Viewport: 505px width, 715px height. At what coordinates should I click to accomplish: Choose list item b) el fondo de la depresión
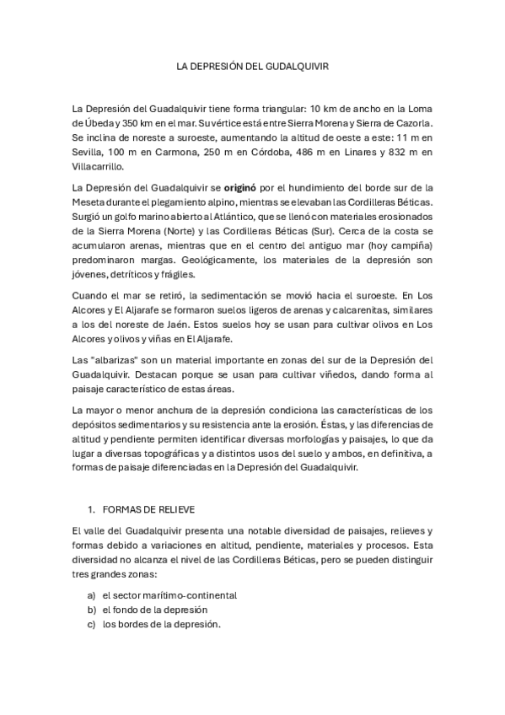point(154,609)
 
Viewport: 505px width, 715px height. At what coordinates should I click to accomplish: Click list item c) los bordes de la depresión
point(160,624)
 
